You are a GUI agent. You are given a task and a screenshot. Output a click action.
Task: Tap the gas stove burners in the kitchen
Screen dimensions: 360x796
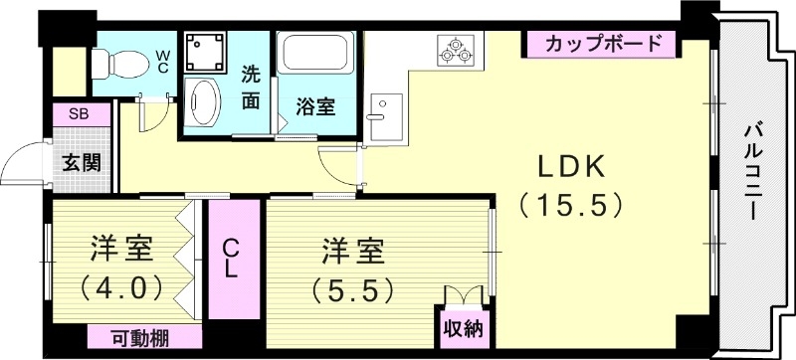pyautogui.click(x=457, y=50)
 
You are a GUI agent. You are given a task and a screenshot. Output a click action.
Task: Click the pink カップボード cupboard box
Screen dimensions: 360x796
pyautogui.click(x=603, y=44)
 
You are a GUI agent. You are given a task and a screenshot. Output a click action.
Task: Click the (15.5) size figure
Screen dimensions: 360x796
pyautogui.click(x=570, y=206)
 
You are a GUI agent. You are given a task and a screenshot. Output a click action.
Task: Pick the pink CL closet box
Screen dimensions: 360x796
pyautogui.click(x=230, y=257)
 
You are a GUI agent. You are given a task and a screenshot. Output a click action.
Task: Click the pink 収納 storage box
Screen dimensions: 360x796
pyautogui.click(x=457, y=326)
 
